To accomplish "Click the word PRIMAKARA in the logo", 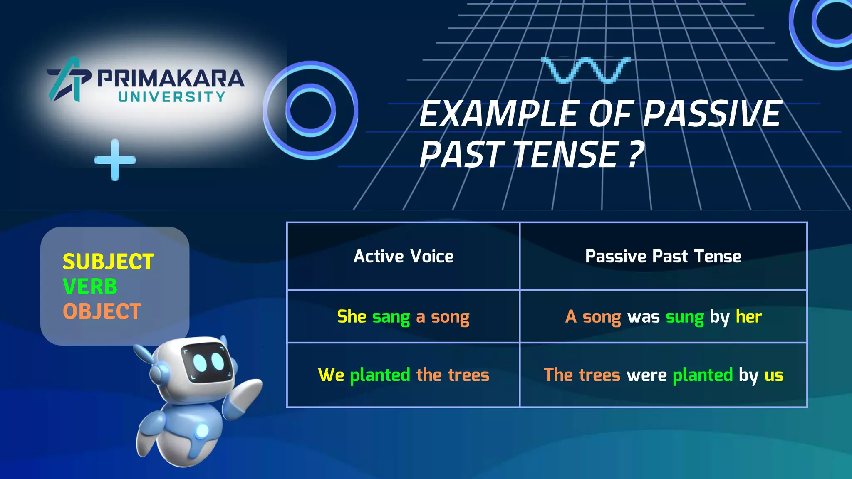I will [171, 78].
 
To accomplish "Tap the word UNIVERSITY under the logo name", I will [171, 97].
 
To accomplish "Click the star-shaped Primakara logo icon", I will [69, 79].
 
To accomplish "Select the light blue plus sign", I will [115, 160].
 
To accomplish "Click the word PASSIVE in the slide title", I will [712, 114].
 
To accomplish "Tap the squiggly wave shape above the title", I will [585, 70].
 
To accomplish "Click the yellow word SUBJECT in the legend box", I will [108, 262].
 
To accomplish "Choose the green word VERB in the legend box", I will [90, 286].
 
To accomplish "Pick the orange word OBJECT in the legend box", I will [102, 311].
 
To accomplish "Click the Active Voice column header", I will [403, 257].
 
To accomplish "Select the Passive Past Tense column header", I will [663, 257].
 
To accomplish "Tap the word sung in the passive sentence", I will [684, 317].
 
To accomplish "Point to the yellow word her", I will [749, 316].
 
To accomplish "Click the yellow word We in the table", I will [331, 375].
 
